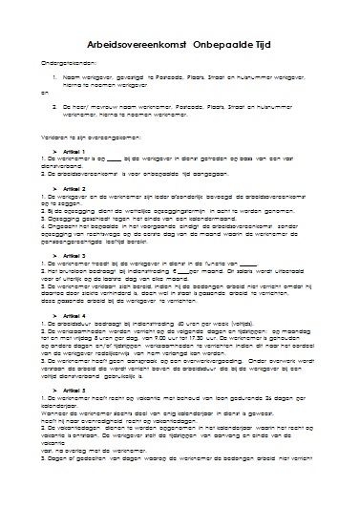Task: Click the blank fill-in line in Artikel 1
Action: click(115, 160)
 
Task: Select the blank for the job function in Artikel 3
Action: click(246, 264)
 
